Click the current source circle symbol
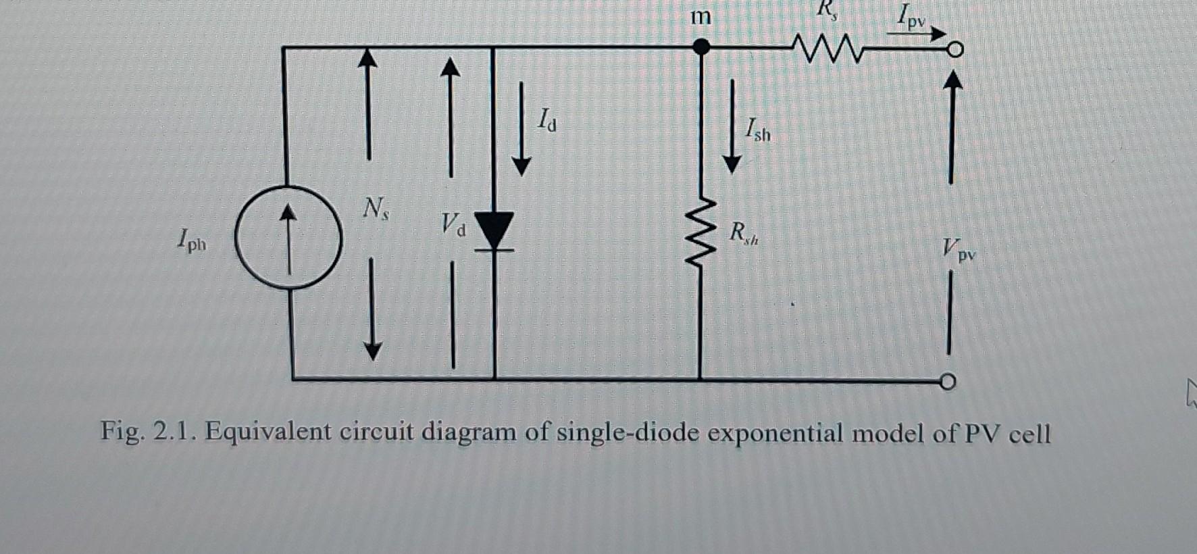point(288,237)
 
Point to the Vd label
point(453,224)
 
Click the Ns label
point(375,208)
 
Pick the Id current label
point(547,122)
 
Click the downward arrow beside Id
point(521,128)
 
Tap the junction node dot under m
point(702,47)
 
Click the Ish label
point(757,130)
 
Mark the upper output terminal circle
point(954,49)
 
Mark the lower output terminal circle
point(948,382)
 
